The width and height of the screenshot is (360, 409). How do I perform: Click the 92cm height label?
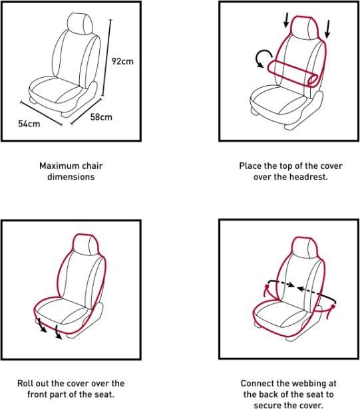122,61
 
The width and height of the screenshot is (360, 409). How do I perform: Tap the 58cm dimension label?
101,117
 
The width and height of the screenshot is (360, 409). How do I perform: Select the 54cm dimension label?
29,124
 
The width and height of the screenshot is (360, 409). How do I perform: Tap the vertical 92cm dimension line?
108,60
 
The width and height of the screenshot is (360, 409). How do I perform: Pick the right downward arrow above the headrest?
329,28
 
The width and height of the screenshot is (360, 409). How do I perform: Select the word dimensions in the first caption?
71,177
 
